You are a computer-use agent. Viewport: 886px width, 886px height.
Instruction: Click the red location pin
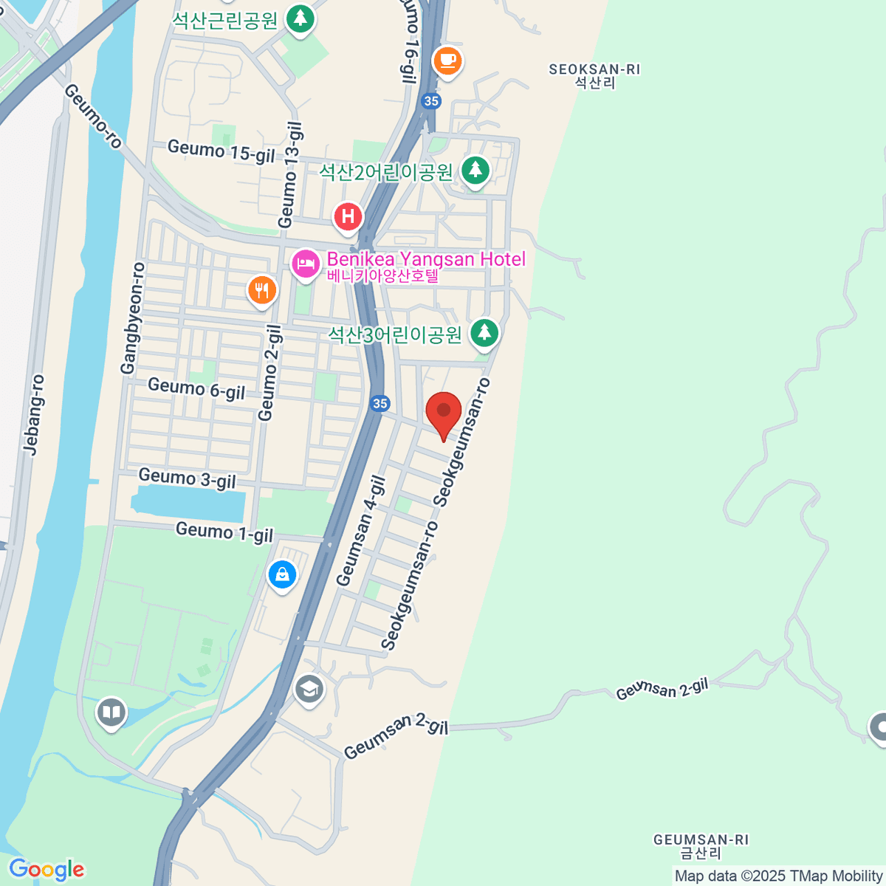(444, 412)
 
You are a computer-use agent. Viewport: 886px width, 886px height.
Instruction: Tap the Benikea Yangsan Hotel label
(426, 260)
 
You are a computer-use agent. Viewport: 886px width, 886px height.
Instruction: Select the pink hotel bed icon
(305, 264)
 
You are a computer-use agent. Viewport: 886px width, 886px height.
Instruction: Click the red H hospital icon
(348, 217)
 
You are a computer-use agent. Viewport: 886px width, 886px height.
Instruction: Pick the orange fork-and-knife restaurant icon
(262, 289)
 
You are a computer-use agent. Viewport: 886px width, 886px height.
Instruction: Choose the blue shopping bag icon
(282, 574)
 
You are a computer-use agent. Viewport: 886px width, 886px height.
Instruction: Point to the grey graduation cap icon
(309, 690)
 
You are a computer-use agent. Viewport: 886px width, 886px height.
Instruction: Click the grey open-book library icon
(111, 712)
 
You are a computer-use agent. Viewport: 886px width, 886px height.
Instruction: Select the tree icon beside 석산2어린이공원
(475, 171)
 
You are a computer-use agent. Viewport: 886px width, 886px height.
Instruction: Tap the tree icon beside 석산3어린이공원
(484, 332)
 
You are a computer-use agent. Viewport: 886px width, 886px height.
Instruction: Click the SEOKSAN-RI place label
(594, 75)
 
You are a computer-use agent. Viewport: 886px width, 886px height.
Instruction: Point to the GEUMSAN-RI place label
(701, 846)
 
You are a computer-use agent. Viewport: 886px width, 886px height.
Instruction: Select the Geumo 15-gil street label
(221, 151)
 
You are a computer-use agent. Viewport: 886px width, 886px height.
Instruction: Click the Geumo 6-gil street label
(196, 388)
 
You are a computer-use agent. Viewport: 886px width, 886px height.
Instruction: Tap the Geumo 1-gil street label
(224, 532)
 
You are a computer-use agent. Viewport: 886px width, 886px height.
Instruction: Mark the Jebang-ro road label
(34, 414)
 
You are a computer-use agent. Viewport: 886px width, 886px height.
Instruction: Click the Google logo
(47, 870)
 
